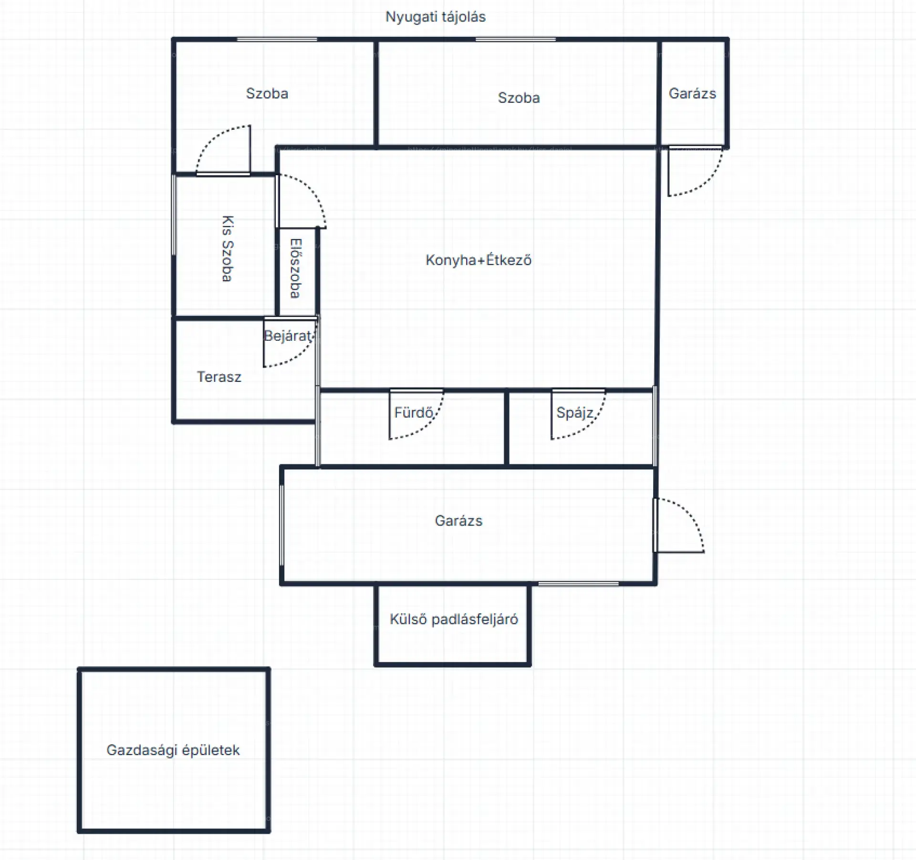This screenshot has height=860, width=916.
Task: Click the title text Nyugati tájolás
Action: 435,17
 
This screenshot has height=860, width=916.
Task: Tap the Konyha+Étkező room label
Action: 479,260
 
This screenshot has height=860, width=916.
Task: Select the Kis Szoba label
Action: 228,248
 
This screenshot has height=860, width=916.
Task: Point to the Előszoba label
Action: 296,268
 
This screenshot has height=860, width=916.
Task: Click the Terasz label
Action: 219,377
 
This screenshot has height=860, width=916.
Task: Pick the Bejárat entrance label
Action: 288,336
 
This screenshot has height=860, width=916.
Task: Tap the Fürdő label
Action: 414,412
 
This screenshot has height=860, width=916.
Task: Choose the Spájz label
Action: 575,413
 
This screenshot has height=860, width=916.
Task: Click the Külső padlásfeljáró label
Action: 454,619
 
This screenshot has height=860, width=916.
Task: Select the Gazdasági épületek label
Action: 173,750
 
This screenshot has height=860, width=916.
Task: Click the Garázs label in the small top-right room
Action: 692,94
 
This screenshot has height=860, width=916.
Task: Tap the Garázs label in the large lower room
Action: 458,521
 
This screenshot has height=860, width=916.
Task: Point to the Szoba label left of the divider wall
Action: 267,94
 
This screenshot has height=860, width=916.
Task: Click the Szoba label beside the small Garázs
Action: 519,98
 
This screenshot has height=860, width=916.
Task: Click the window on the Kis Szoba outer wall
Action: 174,215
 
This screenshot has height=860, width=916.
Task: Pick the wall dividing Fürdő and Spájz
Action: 507,428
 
